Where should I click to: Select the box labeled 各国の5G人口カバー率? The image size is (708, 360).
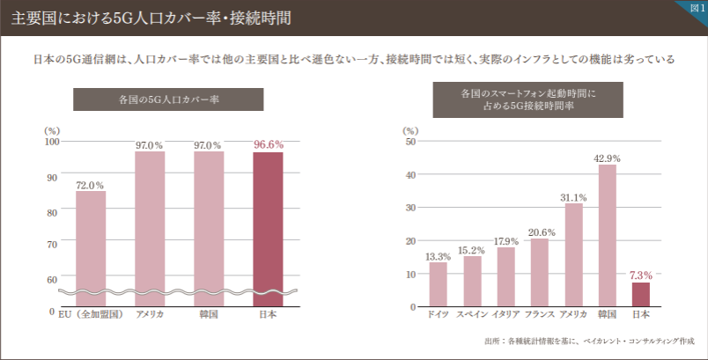[x=168, y=99]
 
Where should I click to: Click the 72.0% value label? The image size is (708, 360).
[x=91, y=186]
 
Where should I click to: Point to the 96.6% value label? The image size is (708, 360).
[x=268, y=144]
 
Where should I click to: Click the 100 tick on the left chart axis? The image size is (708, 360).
[x=51, y=142]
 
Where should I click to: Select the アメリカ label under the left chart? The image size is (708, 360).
[x=150, y=314]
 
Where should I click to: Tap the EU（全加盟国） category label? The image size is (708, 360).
[x=90, y=314]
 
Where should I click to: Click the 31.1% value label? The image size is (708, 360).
[x=573, y=197]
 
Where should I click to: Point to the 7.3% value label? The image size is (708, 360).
[x=641, y=276]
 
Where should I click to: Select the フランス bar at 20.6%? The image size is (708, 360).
[x=540, y=272]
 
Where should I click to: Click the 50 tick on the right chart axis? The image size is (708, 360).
[x=410, y=142]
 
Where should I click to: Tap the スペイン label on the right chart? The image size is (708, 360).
[x=471, y=314]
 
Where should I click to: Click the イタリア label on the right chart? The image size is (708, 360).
[x=505, y=314]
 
